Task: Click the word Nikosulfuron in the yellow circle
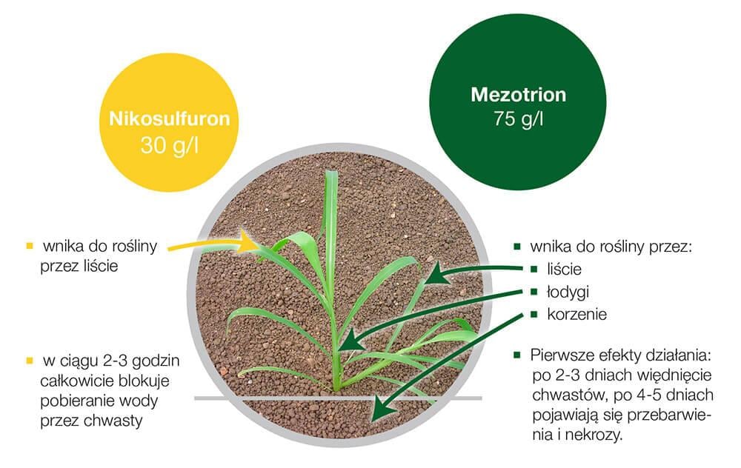tap(169, 118)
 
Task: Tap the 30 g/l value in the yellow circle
tap(169, 145)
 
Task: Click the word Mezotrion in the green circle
tap(519, 95)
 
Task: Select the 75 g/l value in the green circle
tap(519, 118)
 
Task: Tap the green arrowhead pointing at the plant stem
tap(350, 340)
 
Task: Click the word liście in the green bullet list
tap(564, 270)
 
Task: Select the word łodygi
tap(568, 292)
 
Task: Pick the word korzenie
tap(576, 314)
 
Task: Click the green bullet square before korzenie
tap(534, 314)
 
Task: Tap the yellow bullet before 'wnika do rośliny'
tap(30, 246)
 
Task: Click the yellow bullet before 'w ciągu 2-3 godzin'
tap(30, 361)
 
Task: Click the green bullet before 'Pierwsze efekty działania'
tap(517, 355)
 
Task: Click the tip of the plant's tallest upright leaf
tap(332, 172)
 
